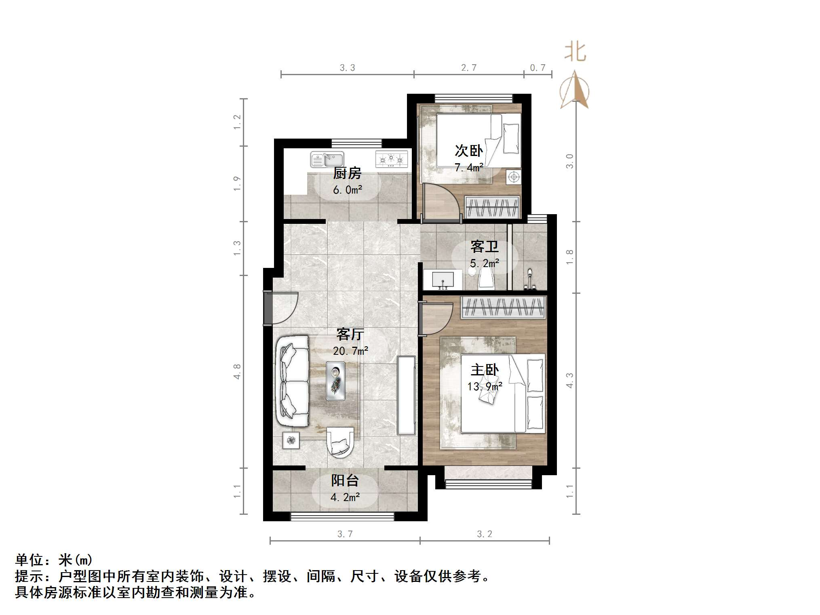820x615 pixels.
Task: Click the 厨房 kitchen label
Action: [x=347, y=173]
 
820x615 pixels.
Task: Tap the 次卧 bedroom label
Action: [x=468, y=151]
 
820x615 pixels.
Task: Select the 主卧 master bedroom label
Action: [x=485, y=370]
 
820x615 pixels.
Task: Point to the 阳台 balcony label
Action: [x=345, y=480]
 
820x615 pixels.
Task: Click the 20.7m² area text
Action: [x=350, y=351]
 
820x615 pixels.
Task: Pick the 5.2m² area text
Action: [x=484, y=263]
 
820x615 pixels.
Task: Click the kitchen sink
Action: [x=327, y=160]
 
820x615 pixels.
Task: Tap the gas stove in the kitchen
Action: [x=391, y=159]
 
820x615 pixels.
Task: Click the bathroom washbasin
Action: [x=443, y=280]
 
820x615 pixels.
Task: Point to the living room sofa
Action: [x=291, y=381]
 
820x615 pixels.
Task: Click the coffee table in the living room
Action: [x=335, y=381]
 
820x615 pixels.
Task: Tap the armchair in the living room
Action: [x=339, y=442]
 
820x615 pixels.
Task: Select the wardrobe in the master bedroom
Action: [x=503, y=307]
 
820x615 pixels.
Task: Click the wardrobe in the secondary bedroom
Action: [x=491, y=207]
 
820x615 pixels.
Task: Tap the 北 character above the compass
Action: [x=575, y=53]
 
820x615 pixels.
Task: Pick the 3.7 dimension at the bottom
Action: [x=345, y=534]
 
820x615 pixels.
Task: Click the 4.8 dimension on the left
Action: [x=237, y=371]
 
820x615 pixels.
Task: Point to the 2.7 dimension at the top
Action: [x=469, y=67]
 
